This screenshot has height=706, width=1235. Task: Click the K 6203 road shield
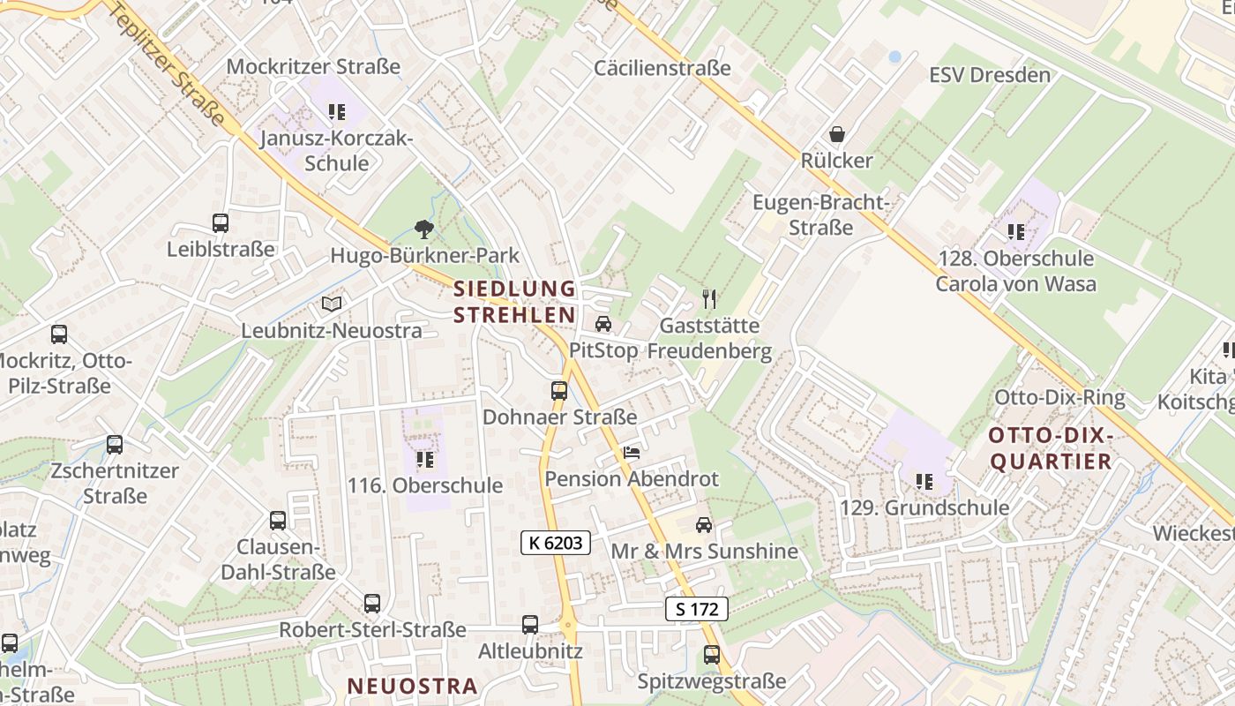556,543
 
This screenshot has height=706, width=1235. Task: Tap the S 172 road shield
696,609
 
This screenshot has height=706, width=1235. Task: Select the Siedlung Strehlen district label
514,302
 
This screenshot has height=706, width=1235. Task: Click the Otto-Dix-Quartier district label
1050,448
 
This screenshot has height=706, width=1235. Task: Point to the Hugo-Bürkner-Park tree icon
424,229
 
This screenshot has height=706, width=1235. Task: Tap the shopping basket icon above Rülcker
836,135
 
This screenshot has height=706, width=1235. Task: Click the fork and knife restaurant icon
708,299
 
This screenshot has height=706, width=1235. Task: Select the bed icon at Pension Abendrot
632,453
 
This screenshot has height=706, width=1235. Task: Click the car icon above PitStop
603,324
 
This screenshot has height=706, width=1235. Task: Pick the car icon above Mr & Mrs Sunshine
704,525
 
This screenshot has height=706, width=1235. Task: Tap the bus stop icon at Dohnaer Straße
558,390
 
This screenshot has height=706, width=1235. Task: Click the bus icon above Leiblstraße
221,223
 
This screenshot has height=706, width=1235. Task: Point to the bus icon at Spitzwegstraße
712,655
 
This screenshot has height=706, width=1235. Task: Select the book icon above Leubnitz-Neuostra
332,304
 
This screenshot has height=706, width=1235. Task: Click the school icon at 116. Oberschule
425,460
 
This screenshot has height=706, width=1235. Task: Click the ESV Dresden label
990,75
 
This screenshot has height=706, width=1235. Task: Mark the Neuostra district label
412,686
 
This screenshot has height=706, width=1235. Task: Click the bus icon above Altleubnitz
530,625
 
